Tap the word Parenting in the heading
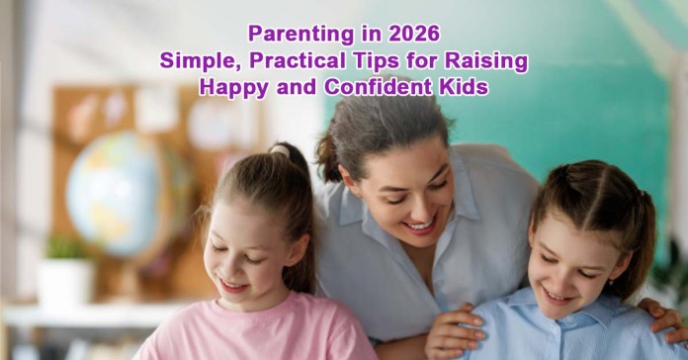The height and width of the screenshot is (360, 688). (x=292, y=35)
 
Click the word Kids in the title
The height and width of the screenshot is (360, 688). (x=463, y=86)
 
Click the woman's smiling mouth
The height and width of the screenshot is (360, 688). (x=419, y=225)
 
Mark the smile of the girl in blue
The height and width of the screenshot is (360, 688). (x=559, y=294)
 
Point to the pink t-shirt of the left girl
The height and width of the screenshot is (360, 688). (x=247, y=336)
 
